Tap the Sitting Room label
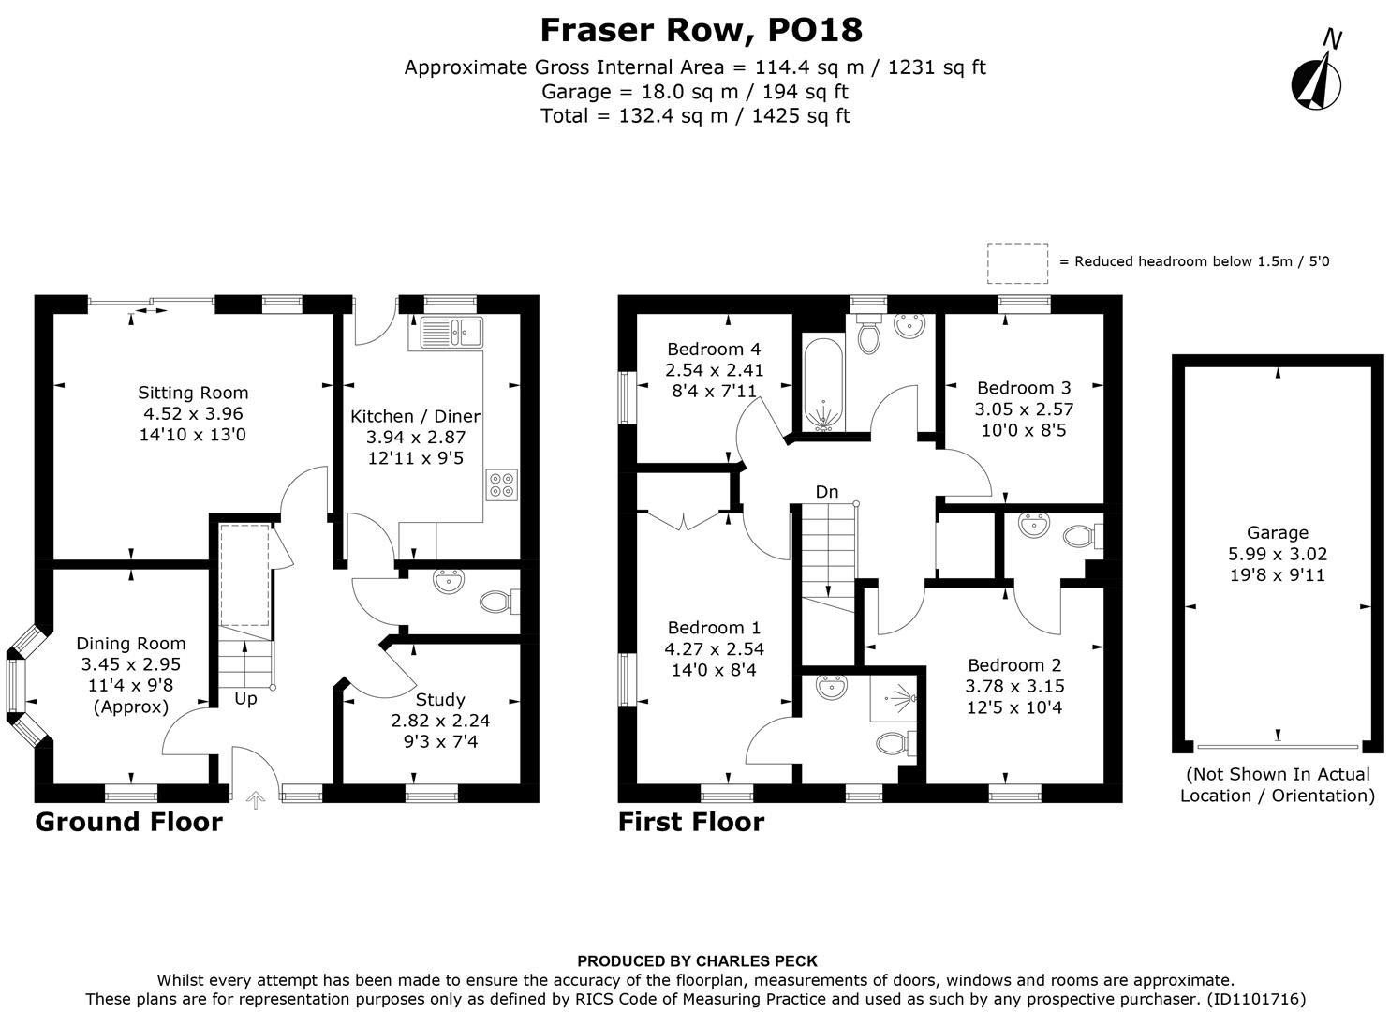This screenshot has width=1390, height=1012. coord(193,393)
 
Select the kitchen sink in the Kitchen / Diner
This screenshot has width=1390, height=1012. coord(451,330)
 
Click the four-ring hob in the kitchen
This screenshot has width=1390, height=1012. coord(501,484)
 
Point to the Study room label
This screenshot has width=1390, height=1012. coord(439,700)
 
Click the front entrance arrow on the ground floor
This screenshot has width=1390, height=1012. coord(255,799)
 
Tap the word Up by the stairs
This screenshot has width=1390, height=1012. coord(245,699)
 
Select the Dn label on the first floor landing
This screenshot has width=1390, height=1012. coord(826,492)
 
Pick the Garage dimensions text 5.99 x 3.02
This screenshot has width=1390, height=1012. coord(1278,554)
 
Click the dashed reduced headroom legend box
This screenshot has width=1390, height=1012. coord(1017,262)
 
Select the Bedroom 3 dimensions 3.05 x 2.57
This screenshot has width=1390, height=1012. coord(1024,409)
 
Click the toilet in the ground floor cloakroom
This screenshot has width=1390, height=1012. coord(496,601)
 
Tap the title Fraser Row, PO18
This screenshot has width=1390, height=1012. coord(701,30)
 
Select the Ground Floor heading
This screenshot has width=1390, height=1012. coord(128,822)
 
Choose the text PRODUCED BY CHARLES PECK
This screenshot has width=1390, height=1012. coord(697,961)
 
